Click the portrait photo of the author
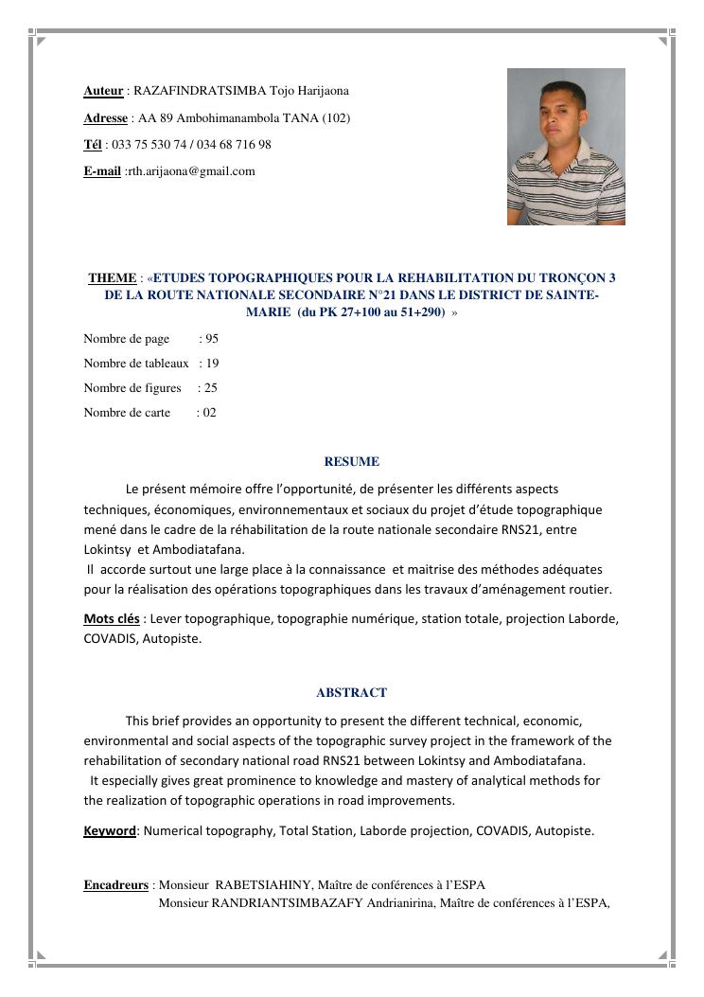(566, 146)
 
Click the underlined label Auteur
(103, 91)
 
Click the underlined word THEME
(112, 278)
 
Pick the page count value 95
(211, 339)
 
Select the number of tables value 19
(212, 364)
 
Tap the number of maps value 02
(209, 413)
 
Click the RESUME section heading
(351, 462)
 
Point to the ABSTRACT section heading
(351, 693)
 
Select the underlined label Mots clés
(112, 619)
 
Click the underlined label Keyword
(110, 831)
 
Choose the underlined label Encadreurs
(115, 885)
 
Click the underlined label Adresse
(105, 118)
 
